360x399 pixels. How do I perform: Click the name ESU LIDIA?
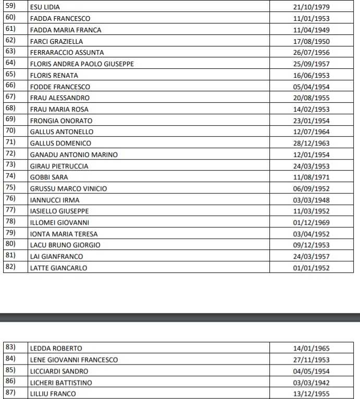coord(45,7)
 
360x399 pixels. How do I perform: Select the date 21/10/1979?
coord(312,7)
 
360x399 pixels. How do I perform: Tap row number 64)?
coord(10,63)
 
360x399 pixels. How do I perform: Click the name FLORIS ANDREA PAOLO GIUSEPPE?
coord(82,64)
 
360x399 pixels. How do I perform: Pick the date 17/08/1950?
coord(312,41)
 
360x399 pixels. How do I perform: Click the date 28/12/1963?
coord(312,143)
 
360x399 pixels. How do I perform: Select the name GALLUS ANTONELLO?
coord(61,132)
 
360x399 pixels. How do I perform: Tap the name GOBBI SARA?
coord(49,177)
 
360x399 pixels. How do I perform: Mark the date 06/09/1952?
coord(312,189)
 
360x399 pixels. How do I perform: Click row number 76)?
coord(10,199)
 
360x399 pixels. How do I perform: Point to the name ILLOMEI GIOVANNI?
coord(59,223)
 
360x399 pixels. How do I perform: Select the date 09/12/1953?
coord(312,245)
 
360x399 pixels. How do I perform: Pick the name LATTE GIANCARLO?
coord(58,268)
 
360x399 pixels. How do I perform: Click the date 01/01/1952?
coord(312,268)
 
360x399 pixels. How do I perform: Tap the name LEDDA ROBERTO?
coord(56,348)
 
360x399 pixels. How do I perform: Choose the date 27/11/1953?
coord(312,360)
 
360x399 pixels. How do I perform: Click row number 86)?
coord(10,382)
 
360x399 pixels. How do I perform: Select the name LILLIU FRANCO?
coord(53,394)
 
